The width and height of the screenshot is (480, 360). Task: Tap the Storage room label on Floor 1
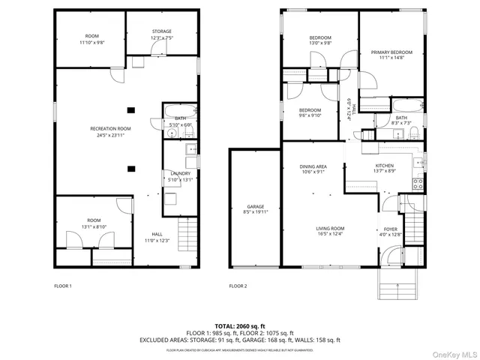(x=162, y=31)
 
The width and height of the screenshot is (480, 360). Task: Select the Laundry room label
(x=180, y=173)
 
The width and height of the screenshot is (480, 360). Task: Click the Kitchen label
(x=384, y=166)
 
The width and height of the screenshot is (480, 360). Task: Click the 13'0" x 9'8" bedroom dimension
(x=320, y=43)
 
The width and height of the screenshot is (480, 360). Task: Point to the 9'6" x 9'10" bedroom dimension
(x=310, y=115)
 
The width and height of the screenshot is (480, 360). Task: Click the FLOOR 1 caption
(x=63, y=286)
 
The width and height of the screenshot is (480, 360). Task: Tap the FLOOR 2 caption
(x=237, y=286)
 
